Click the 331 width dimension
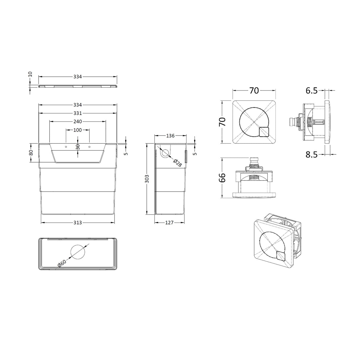pyautogui.click(x=77, y=113)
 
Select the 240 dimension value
pyautogui.click(x=77, y=121)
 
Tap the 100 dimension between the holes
pyautogui.click(x=77, y=130)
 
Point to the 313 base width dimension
pyautogui.click(x=77, y=222)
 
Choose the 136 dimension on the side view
pyautogui.click(x=170, y=136)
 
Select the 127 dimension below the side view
pyautogui.click(x=169, y=222)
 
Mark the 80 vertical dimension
pyautogui.click(x=31, y=153)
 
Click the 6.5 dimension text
pyautogui.click(x=311, y=91)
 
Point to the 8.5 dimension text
pyautogui.click(x=311, y=154)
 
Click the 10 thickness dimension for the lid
pyautogui.click(x=30, y=74)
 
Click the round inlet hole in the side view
pyautogui.click(x=165, y=153)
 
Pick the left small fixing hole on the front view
pyautogui.click(x=66, y=146)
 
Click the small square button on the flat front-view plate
pyautogui.click(x=264, y=132)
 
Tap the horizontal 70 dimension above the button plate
pyautogui.click(x=254, y=91)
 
